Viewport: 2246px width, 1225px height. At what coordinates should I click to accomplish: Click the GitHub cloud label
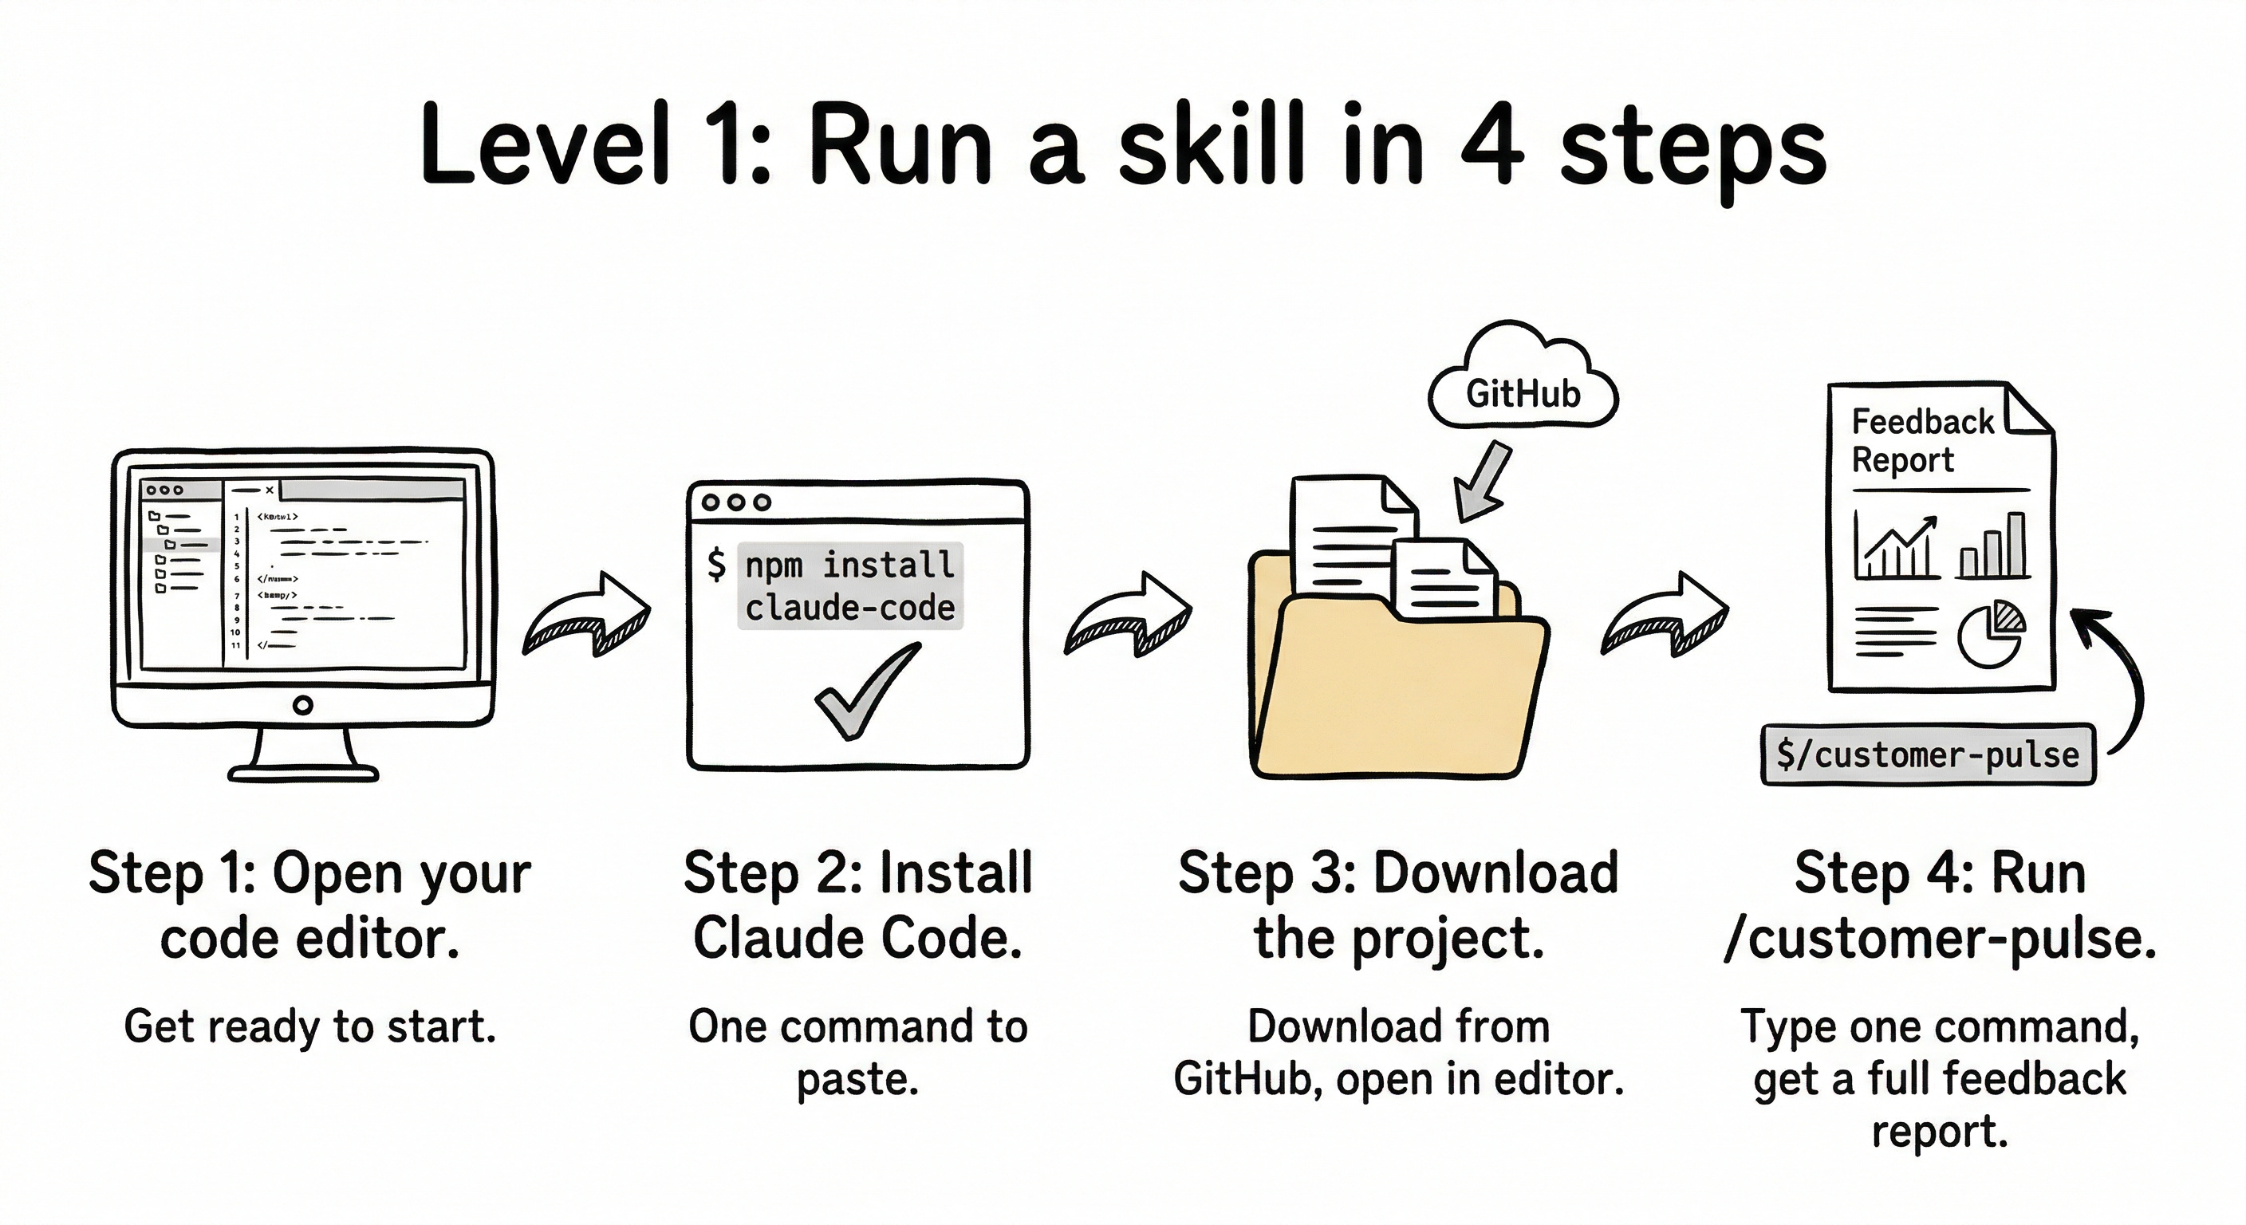click(x=1523, y=394)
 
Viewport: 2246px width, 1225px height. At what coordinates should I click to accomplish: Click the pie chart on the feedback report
click(x=1991, y=633)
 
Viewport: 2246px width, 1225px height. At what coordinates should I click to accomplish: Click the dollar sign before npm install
click(x=715, y=564)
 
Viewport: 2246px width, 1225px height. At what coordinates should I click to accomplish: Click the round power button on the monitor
click(x=302, y=704)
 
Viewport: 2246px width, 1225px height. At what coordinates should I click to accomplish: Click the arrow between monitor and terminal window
click(x=589, y=615)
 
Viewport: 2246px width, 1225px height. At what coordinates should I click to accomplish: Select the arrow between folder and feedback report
click(x=1665, y=615)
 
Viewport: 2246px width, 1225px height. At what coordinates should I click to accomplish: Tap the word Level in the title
click(x=545, y=144)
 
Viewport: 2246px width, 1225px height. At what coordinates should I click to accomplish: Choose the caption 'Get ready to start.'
click(x=309, y=1026)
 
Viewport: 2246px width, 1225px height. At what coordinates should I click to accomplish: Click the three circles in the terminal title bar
click(x=737, y=502)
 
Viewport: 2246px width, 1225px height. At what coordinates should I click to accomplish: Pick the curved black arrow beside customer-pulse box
click(x=2114, y=680)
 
